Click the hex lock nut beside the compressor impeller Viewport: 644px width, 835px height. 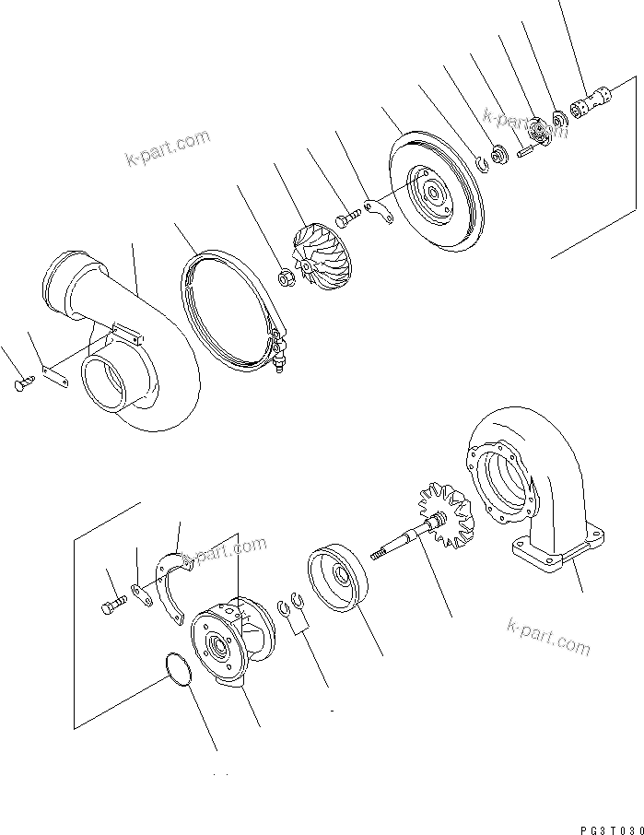[285, 275]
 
